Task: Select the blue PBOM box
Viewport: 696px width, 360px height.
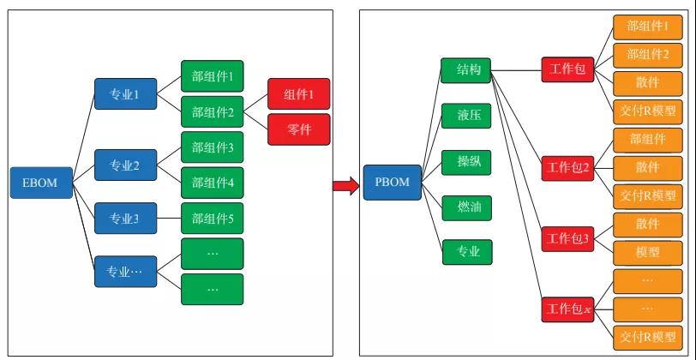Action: coord(392,183)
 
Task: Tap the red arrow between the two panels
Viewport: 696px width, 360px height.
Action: coord(345,184)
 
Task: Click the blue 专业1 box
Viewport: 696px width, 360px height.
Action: coord(125,94)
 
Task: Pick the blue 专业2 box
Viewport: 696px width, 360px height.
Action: coord(125,160)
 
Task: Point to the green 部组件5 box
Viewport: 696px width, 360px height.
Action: coord(212,218)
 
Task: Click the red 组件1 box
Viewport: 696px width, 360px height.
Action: coord(298,93)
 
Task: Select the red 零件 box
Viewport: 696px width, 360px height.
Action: coord(298,129)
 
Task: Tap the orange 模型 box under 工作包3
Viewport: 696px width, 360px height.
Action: coord(647,252)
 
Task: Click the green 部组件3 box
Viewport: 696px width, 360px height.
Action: coord(212,147)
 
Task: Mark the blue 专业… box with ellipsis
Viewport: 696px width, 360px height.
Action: coord(125,272)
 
